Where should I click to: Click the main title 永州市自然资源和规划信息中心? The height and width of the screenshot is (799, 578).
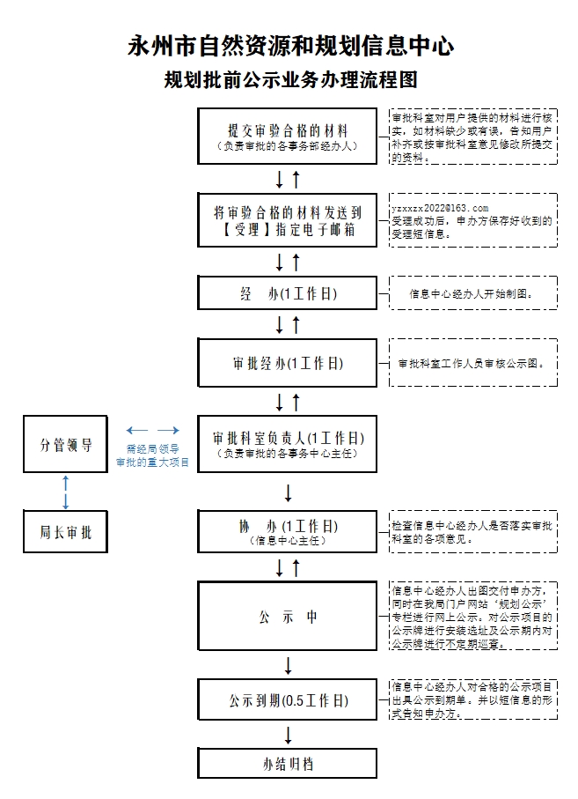[291, 45]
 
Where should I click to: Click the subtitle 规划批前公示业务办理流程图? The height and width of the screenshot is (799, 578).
[290, 80]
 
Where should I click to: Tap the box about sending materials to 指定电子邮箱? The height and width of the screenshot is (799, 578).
[287, 220]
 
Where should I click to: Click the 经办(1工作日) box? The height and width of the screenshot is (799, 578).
[287, 293]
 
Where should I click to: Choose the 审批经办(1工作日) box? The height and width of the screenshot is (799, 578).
[287, 363]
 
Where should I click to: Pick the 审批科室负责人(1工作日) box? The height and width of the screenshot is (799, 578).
[287, 443]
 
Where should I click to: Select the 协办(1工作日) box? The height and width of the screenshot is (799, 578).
[287, 530]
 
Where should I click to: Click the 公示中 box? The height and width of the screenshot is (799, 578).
[287, 618]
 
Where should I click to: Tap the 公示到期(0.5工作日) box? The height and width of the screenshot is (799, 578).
[287, 701]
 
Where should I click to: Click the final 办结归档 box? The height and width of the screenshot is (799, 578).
[287, 764]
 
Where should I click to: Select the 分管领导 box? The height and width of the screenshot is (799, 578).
[66, 445]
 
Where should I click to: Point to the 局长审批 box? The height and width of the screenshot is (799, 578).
[66, 532]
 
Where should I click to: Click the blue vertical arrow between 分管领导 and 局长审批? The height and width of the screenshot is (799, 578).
[66, 491]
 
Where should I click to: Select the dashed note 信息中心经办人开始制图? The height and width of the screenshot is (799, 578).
[472, 293]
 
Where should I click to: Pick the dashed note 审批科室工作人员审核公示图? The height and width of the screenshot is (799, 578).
[472, 363]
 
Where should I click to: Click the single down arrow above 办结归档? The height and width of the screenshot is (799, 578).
[288, 735]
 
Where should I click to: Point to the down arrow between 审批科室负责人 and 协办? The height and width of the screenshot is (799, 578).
[288, 491]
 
